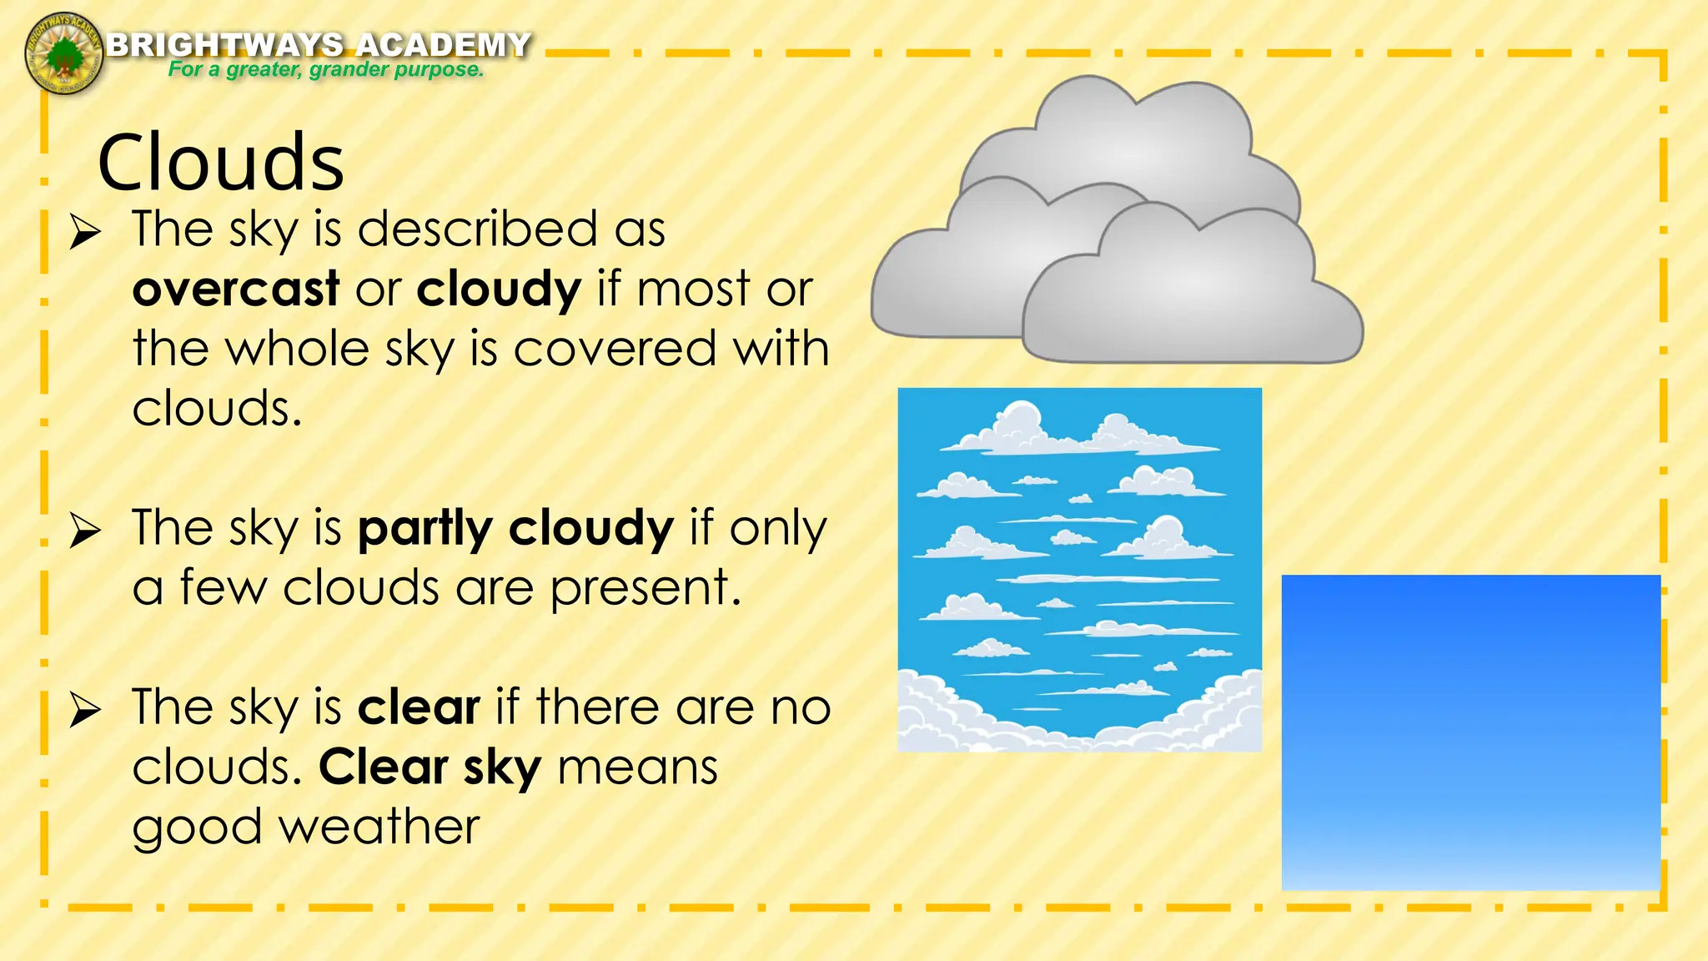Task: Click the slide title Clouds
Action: point(221,163)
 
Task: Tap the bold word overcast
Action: point(236,289)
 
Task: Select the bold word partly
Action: point(425,529)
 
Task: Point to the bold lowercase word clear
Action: point(419,707)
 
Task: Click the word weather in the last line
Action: point(379,827)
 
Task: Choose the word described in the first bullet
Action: point(477,229)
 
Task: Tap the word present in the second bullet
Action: point(646,589)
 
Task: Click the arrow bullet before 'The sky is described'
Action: point(85,231)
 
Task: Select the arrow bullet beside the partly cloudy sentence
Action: point(85,531)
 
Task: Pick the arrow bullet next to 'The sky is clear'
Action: point(85,710)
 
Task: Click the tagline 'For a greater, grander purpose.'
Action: point(325,69)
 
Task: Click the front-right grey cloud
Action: point(1193,292)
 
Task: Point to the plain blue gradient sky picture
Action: point(1470,732)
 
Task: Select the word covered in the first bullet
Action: point(615,349)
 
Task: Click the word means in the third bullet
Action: point(637,767)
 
